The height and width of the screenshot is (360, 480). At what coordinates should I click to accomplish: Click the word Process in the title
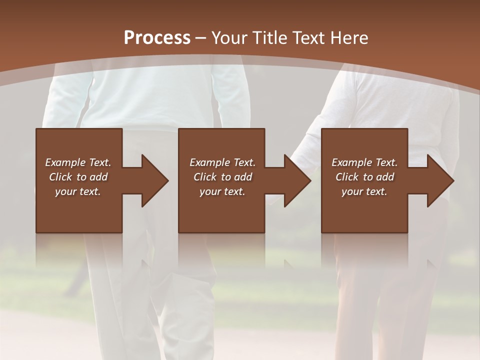pyautogui.click(x=157, y=38)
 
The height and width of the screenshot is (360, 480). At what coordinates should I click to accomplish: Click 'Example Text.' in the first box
pyautogui.click(x=78, y=162)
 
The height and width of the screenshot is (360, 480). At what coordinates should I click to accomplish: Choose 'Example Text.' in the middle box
pyautogui.click(x=222, y=162)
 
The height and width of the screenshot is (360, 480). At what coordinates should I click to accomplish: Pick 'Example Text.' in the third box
pyautogui.click(x=364, y=162)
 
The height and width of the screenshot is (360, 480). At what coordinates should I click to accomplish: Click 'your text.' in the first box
pyautogui.click(x=78, y=191)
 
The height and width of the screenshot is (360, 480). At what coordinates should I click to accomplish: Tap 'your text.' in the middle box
pyautogui.click(x=222, y=191)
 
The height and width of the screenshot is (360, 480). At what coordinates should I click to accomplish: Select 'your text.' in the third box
pyautogui.click(x=364, y=191)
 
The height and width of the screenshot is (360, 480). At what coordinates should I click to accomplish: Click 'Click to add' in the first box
pyautogui.click(x=78, y=177)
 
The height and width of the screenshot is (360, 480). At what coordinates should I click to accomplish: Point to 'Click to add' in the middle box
pyautogui.click(x=222, y=177)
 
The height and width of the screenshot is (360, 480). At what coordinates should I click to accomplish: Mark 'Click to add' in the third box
pyautogui.click(x=364, y=177)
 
